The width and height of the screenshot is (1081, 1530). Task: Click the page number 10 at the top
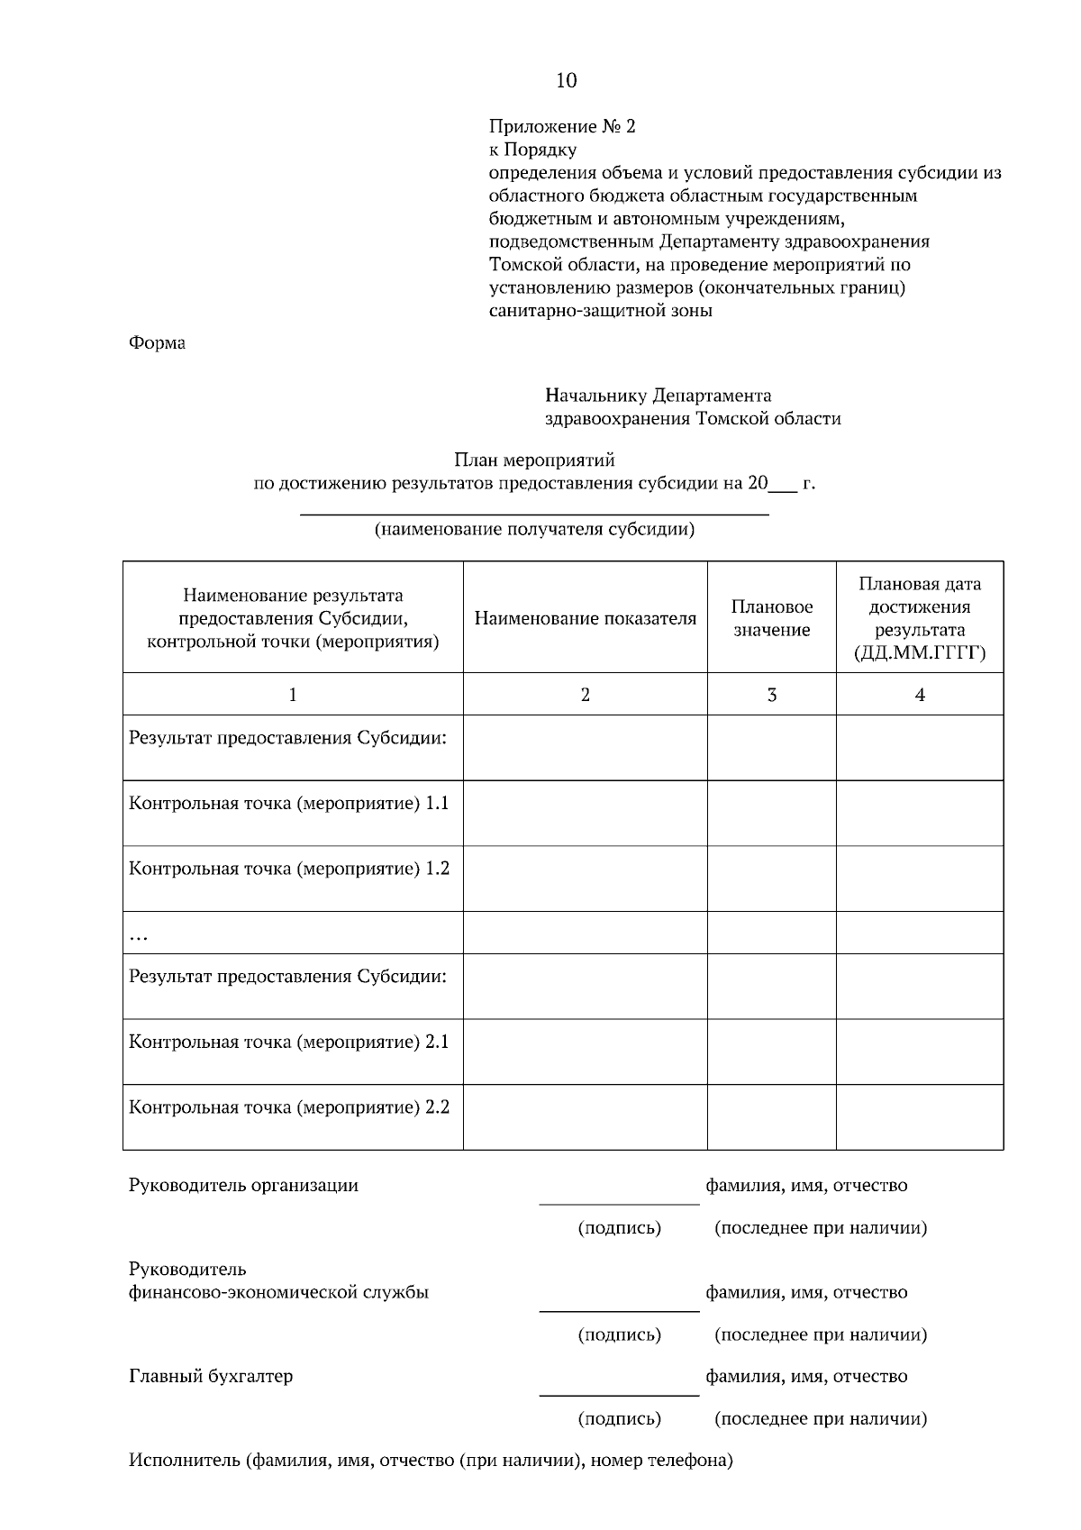click(566, 81)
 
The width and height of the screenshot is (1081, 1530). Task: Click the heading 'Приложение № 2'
click(562, 126)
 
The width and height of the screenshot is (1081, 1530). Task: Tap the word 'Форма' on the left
click(157, 343)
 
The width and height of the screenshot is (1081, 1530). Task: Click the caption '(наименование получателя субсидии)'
click(534, 530)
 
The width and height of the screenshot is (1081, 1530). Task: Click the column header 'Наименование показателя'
click(585, 619)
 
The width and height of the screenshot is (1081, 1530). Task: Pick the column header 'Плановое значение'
click(771, 619)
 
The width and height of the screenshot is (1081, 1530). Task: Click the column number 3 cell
click(771, 695)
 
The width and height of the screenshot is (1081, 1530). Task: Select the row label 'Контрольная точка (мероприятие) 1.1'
click(289, 804)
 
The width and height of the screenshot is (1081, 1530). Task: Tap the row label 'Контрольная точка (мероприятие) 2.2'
click(289, 1107)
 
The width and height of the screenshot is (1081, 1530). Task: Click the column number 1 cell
click(292, 695)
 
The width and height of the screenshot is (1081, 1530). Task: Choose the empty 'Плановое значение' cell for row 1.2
click(771, 879)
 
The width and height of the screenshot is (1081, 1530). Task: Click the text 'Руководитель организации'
click(243, 1186)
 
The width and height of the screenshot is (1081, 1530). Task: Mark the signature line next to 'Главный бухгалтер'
click(619, 1394)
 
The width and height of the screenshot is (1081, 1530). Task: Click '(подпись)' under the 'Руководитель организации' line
click(619, 1228)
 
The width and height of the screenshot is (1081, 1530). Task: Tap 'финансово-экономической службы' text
click(278, 1293)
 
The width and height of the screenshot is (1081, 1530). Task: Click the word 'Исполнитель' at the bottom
click(184, 1461)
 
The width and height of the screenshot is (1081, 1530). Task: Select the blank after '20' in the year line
click(784, 484)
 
